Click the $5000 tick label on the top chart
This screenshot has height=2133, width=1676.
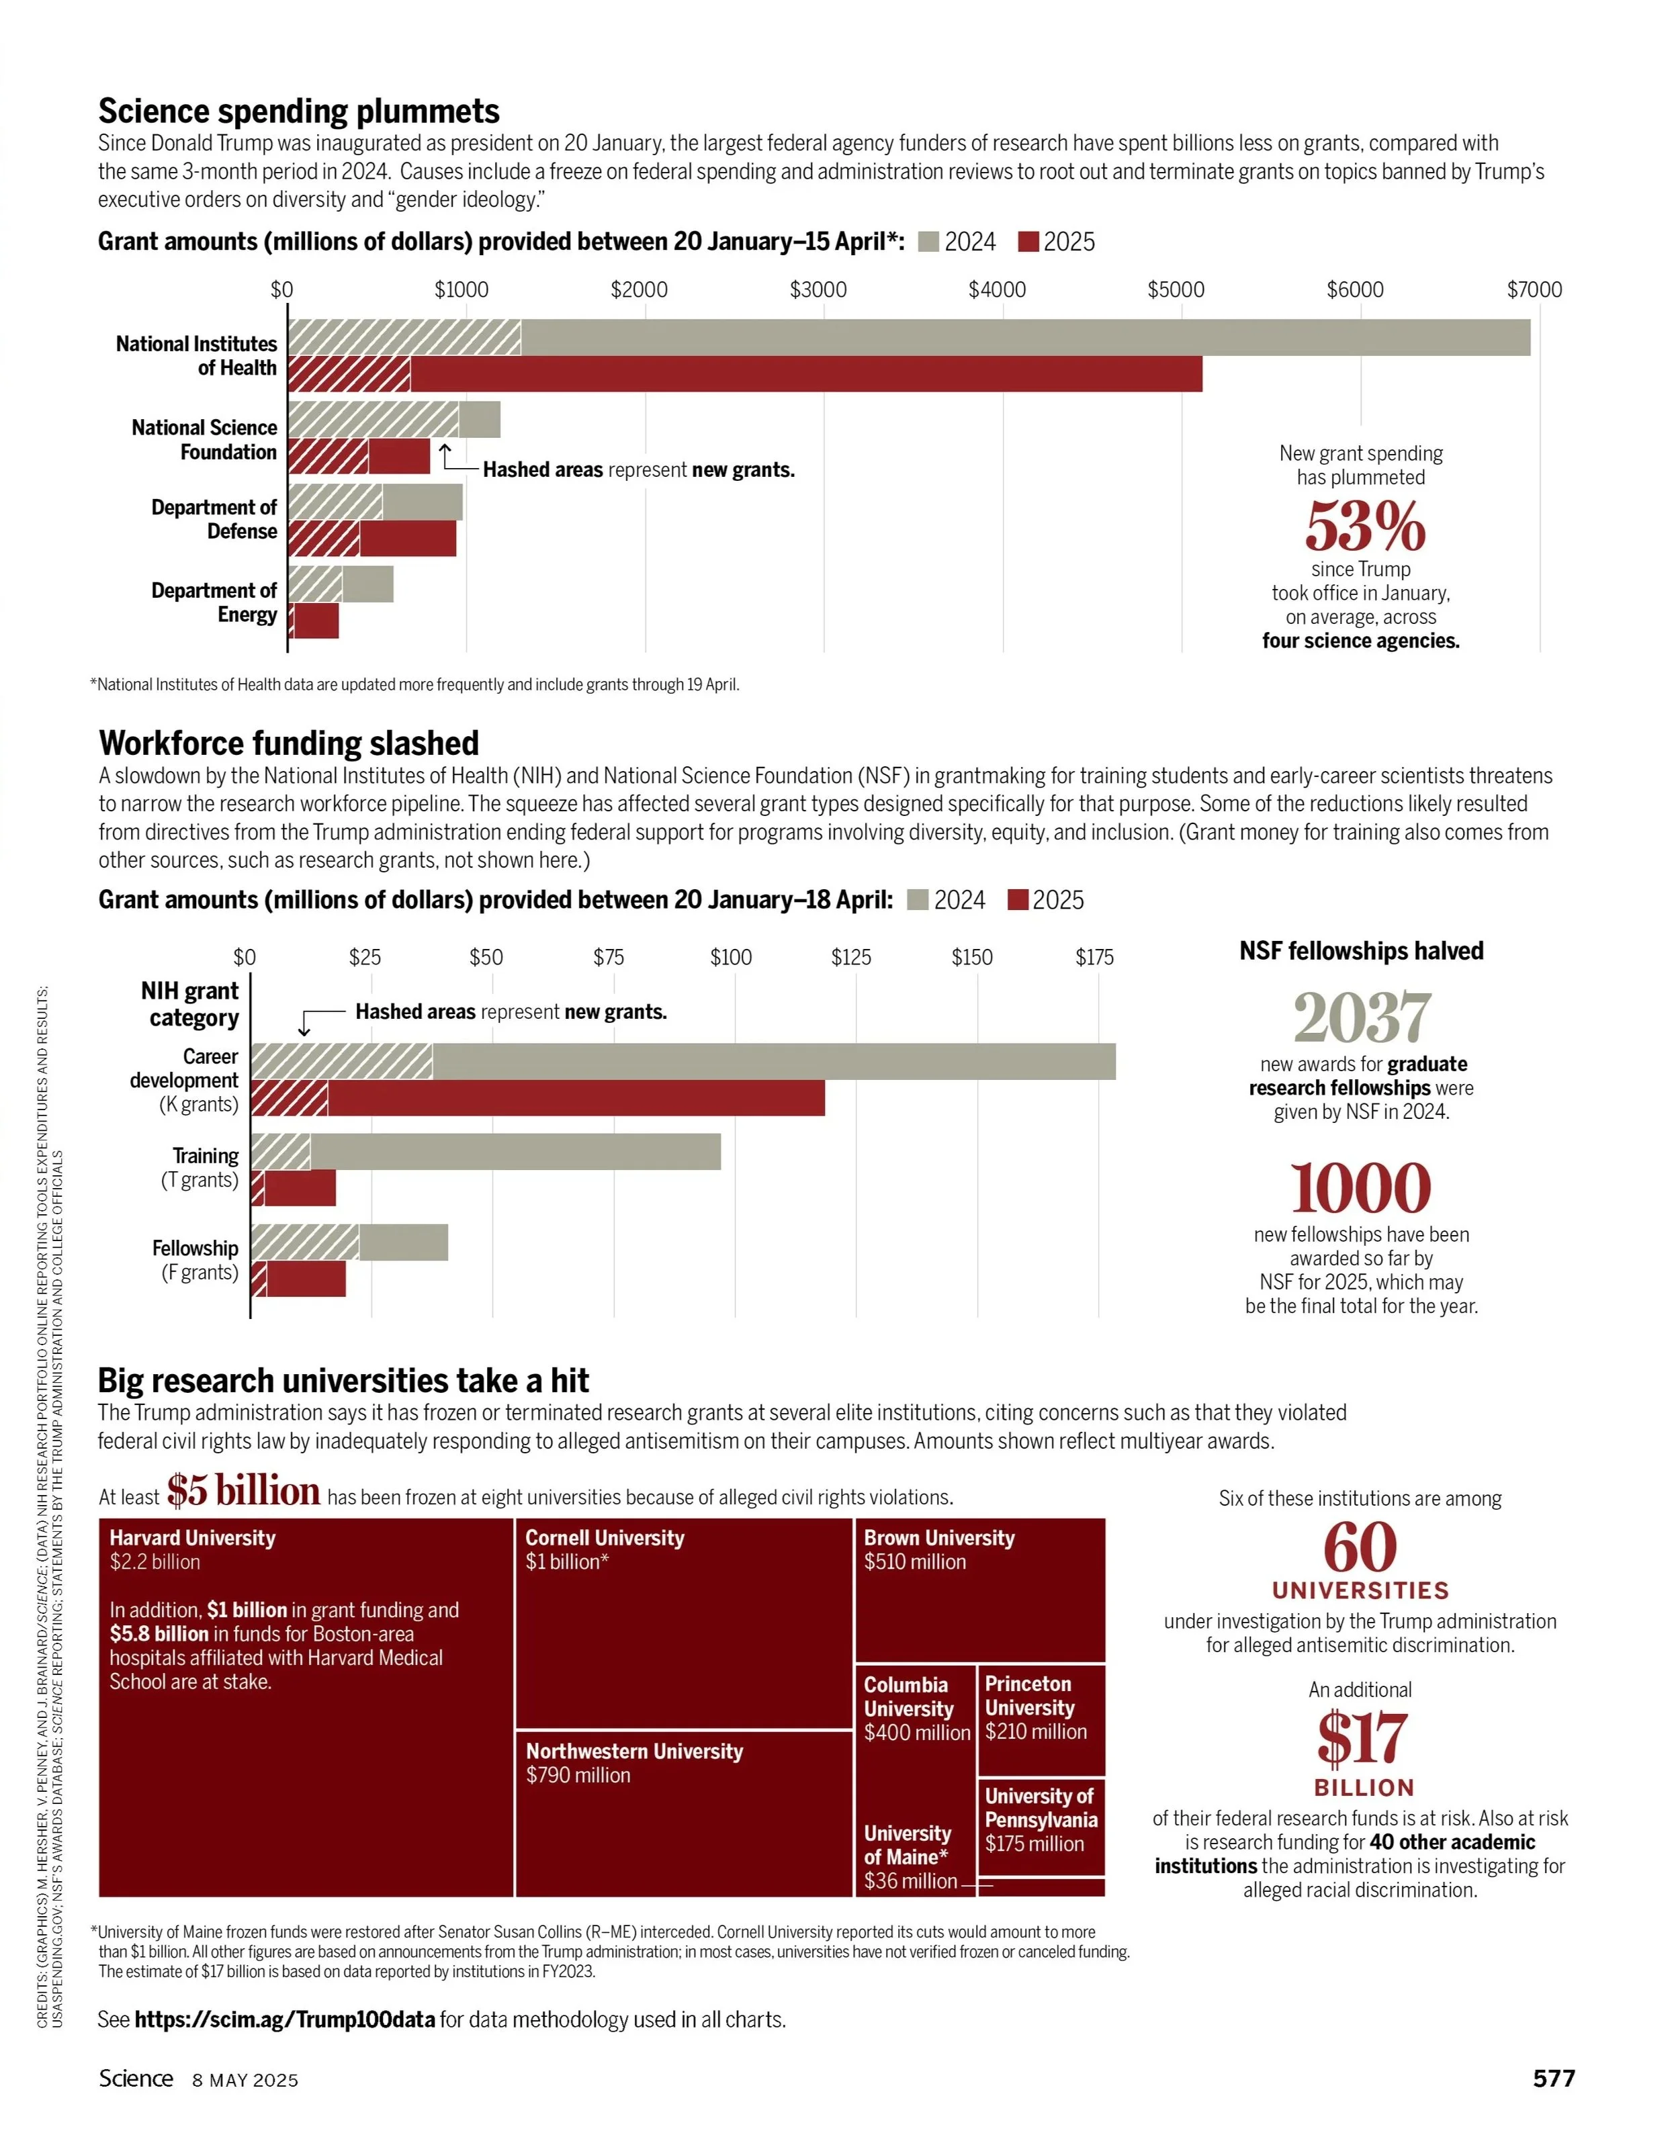pos(1176,289)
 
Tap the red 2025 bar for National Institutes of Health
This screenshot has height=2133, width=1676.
pos(745,374)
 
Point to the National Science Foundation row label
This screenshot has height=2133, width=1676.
pos(204,439)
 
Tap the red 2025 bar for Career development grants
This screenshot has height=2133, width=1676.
pos(538,1098)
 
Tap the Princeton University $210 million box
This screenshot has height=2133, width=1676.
pos(1041,1720)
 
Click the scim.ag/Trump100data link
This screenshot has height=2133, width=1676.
pos(285,2019)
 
